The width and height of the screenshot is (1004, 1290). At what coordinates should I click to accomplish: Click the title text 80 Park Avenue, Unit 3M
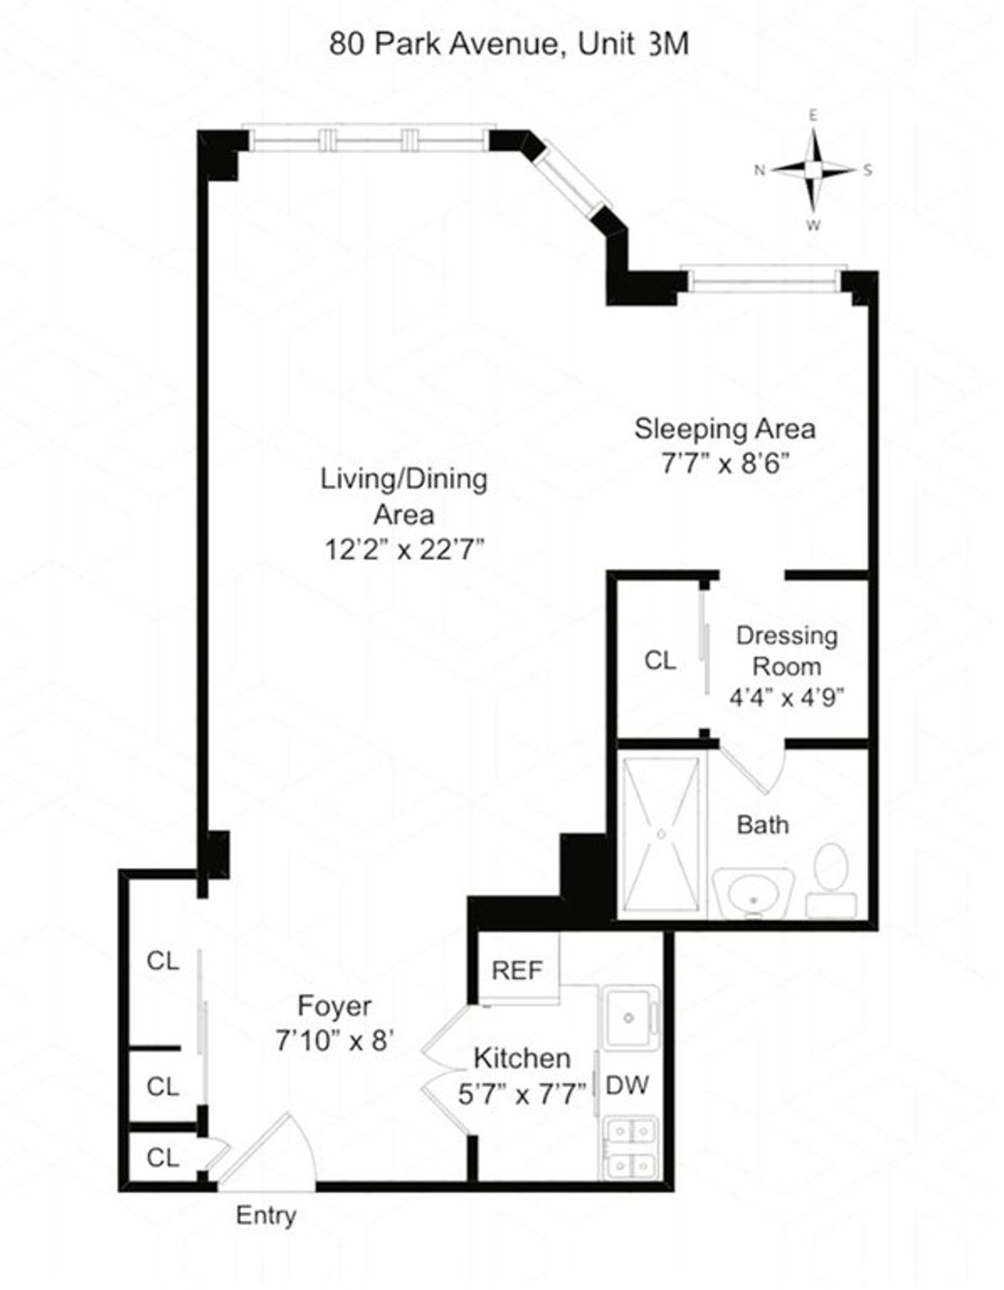[509, 43]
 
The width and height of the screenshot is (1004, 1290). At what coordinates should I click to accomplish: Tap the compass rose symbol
[812, 170]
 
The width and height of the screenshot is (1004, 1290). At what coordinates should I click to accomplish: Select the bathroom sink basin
[752, 895]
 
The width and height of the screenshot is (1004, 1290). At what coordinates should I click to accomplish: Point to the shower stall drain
[662, 834]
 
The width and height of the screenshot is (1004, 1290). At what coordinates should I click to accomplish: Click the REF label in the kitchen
[517, 970]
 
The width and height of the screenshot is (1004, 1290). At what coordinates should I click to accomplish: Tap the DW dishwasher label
[627, 1085]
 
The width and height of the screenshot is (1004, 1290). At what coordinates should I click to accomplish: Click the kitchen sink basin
[628, 1017]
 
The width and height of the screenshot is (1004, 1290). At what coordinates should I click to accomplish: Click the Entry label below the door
[266, 1215]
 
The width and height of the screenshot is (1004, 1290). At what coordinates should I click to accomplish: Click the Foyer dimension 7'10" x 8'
[335, 1041]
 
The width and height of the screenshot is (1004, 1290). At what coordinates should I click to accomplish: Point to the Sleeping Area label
[725, 429]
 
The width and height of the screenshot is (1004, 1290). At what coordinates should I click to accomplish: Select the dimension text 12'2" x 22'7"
[405, 549]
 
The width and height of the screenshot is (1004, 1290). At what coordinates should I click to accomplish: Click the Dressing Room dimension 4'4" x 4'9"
[786, 698]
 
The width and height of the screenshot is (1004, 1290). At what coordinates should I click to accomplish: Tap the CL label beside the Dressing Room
[660, 660]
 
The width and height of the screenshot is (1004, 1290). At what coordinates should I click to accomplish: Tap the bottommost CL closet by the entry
[162, 1158]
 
